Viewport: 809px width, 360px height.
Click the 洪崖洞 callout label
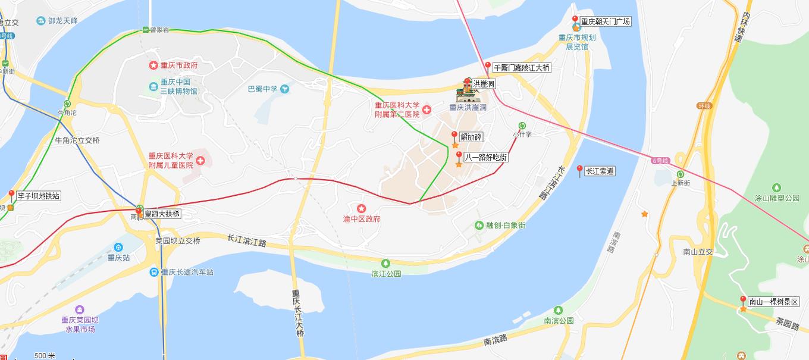click(483, 85)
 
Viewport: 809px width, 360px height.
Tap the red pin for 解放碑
click(455, 135)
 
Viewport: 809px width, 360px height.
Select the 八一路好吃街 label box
click(486, 158)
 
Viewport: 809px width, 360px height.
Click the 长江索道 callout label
click(600, 171)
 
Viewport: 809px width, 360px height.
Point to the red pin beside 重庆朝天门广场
click(575, 19)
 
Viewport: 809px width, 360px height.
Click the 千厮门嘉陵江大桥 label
click(522, 68)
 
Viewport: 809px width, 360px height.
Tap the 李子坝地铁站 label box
click(39, 196)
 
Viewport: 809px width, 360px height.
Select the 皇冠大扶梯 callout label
click(162, 214)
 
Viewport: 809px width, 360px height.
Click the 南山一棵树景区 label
click(774, 302)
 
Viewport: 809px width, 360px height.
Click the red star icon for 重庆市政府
click(153, 65)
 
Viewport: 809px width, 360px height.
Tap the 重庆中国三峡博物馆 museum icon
click(153, 87)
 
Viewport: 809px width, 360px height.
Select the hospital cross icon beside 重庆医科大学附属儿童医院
click(200, 161)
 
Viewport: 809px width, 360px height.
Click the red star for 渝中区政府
click(361, 208)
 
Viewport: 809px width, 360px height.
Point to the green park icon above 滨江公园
click(385, 263)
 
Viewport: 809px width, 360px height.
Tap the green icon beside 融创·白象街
click(479, 226)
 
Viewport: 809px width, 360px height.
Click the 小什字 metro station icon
click(522, 126)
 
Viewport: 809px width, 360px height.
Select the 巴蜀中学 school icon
click(285, 89)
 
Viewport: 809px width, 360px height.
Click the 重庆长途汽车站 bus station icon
click(154, 272)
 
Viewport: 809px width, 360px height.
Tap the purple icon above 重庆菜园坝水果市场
click(80, 309)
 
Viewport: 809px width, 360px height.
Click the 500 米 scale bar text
click(45, 356)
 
